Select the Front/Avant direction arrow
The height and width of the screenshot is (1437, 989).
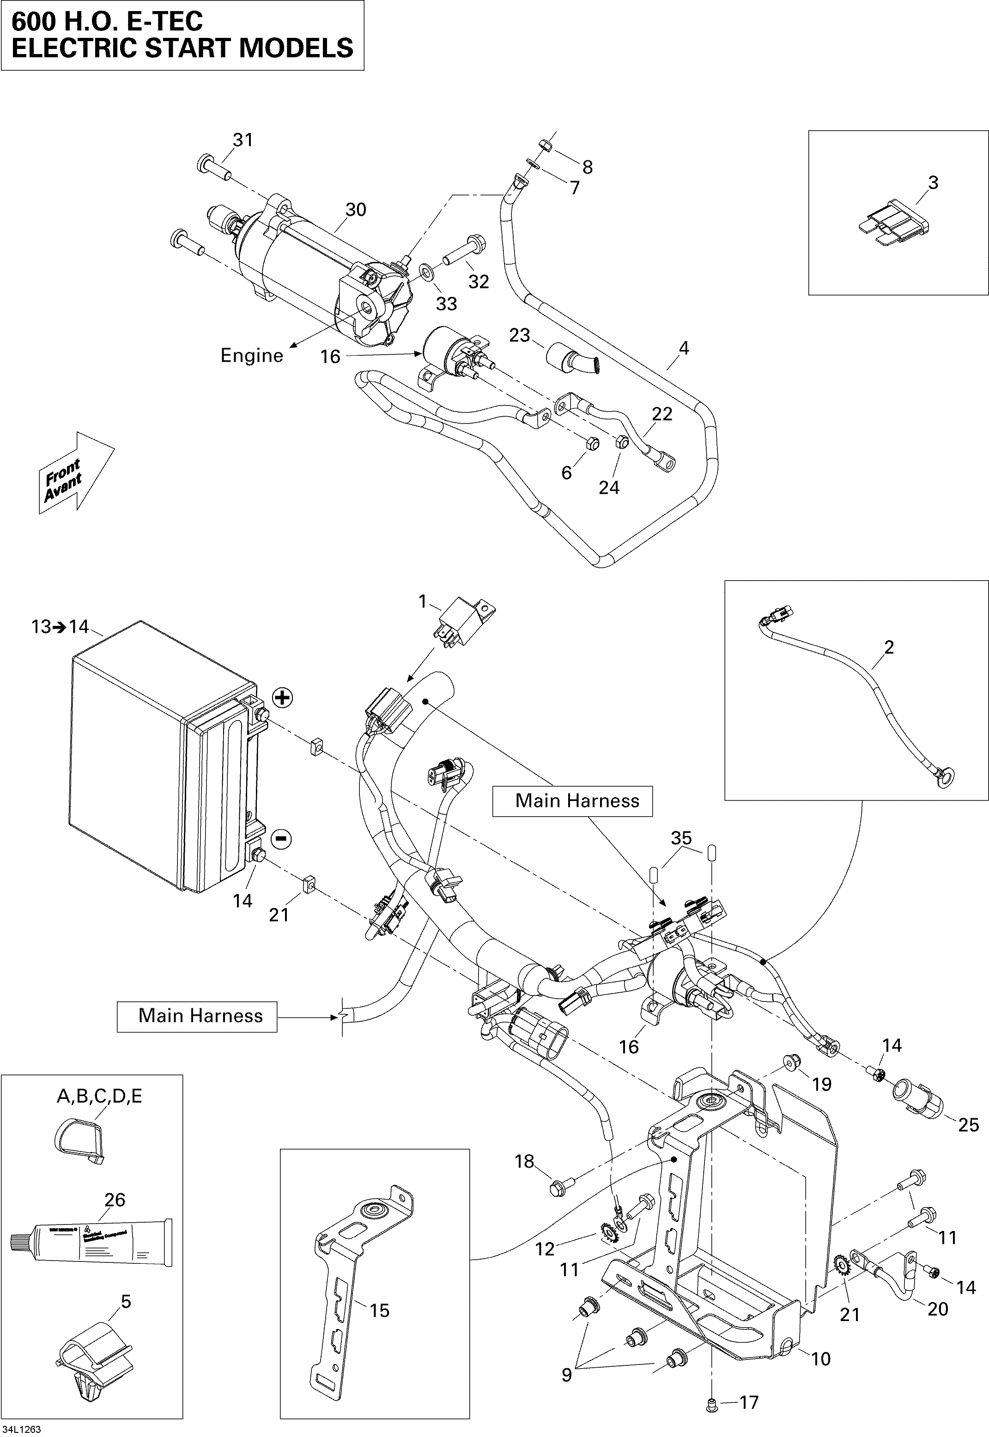[x=73, y=474]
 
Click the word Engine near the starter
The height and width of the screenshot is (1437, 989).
[x=252, y=356]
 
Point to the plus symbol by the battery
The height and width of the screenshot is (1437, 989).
[x=283, y=698]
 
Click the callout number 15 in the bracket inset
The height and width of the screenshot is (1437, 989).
[x=379, y=1310]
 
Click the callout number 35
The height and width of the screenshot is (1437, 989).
[x=681, y=838]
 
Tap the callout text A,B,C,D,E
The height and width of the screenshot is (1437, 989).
[x=99, y=1096]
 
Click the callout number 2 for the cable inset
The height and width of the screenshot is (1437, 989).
[x=889, y=648]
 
